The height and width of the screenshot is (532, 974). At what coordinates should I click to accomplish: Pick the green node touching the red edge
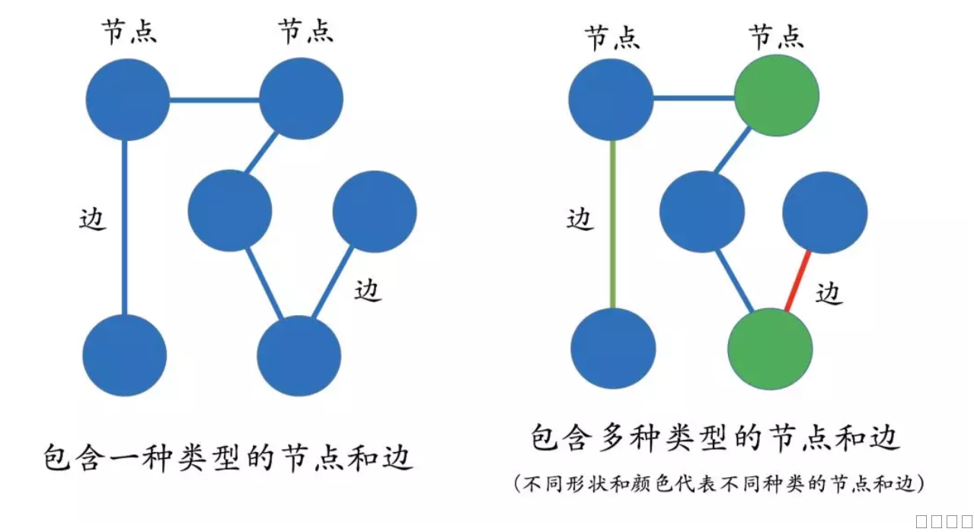(x=771, y=349)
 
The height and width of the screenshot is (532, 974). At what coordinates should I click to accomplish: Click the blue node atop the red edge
(x=825, y=212)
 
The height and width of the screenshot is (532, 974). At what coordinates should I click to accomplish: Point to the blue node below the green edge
(x=613, y=349)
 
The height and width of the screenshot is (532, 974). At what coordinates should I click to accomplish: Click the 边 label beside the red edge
(x=829, y=291)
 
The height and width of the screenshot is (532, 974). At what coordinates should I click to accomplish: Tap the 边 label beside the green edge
(x=580, y=219)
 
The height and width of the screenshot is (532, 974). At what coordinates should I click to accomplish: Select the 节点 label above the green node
(x=776, y=37)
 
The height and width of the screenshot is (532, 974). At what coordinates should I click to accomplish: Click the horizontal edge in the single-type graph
(x=214, y=99)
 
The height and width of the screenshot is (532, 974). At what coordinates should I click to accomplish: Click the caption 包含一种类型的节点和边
(x=228, y=458)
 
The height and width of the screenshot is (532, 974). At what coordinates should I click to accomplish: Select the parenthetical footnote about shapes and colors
(x=719, y=483)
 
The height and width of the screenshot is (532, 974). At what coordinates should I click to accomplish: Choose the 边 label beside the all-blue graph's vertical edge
(x=93, y=219)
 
